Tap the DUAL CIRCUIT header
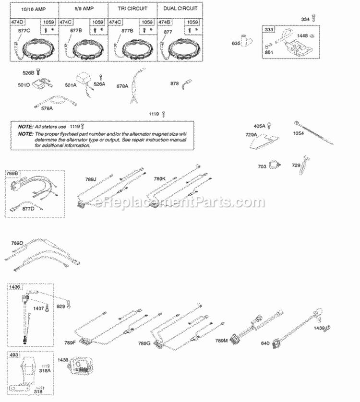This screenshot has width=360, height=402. click(180, 8)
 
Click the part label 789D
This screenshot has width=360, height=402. click(17, 243)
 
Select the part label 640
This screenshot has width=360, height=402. click(264, 343)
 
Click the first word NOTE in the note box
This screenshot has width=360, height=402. click(25, 125)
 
